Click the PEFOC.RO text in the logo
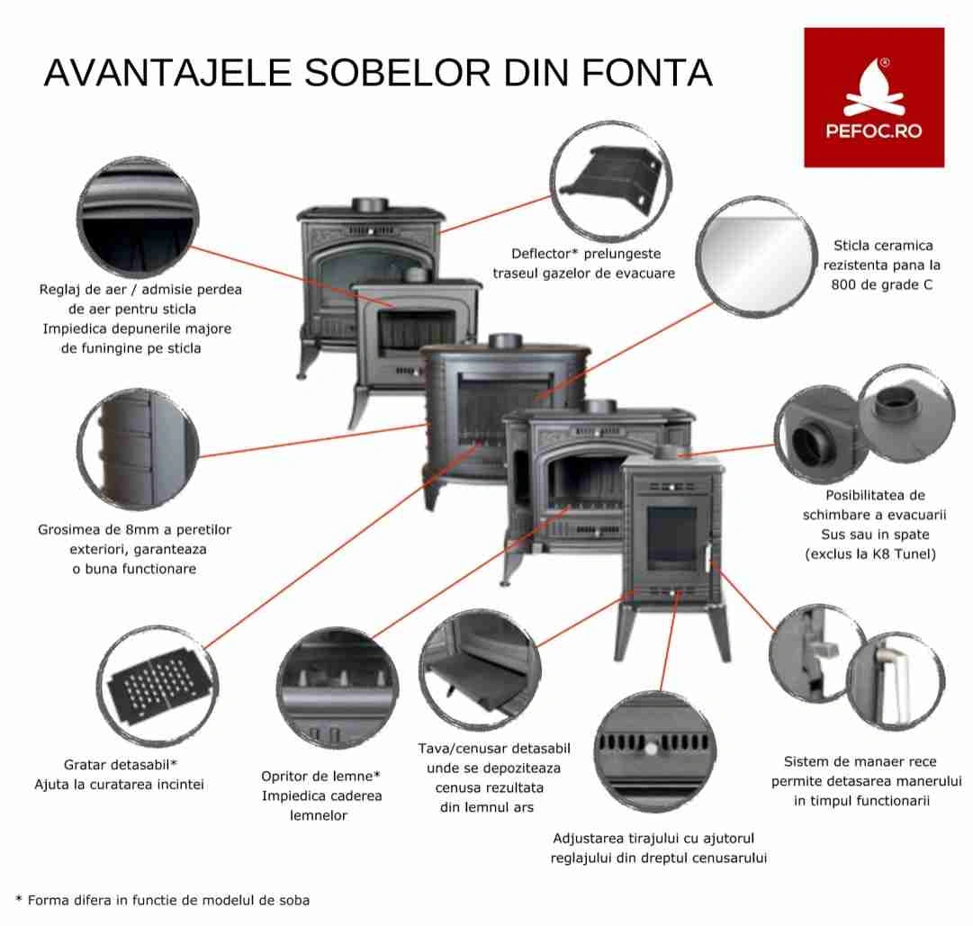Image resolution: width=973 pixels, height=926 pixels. (873, 131)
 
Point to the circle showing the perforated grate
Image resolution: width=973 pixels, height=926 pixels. (158, 686)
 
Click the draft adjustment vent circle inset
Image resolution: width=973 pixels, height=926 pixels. (657, 751)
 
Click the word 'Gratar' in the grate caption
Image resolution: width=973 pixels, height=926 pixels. (88, 765)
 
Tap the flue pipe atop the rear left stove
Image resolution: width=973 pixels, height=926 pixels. (367, 205)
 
